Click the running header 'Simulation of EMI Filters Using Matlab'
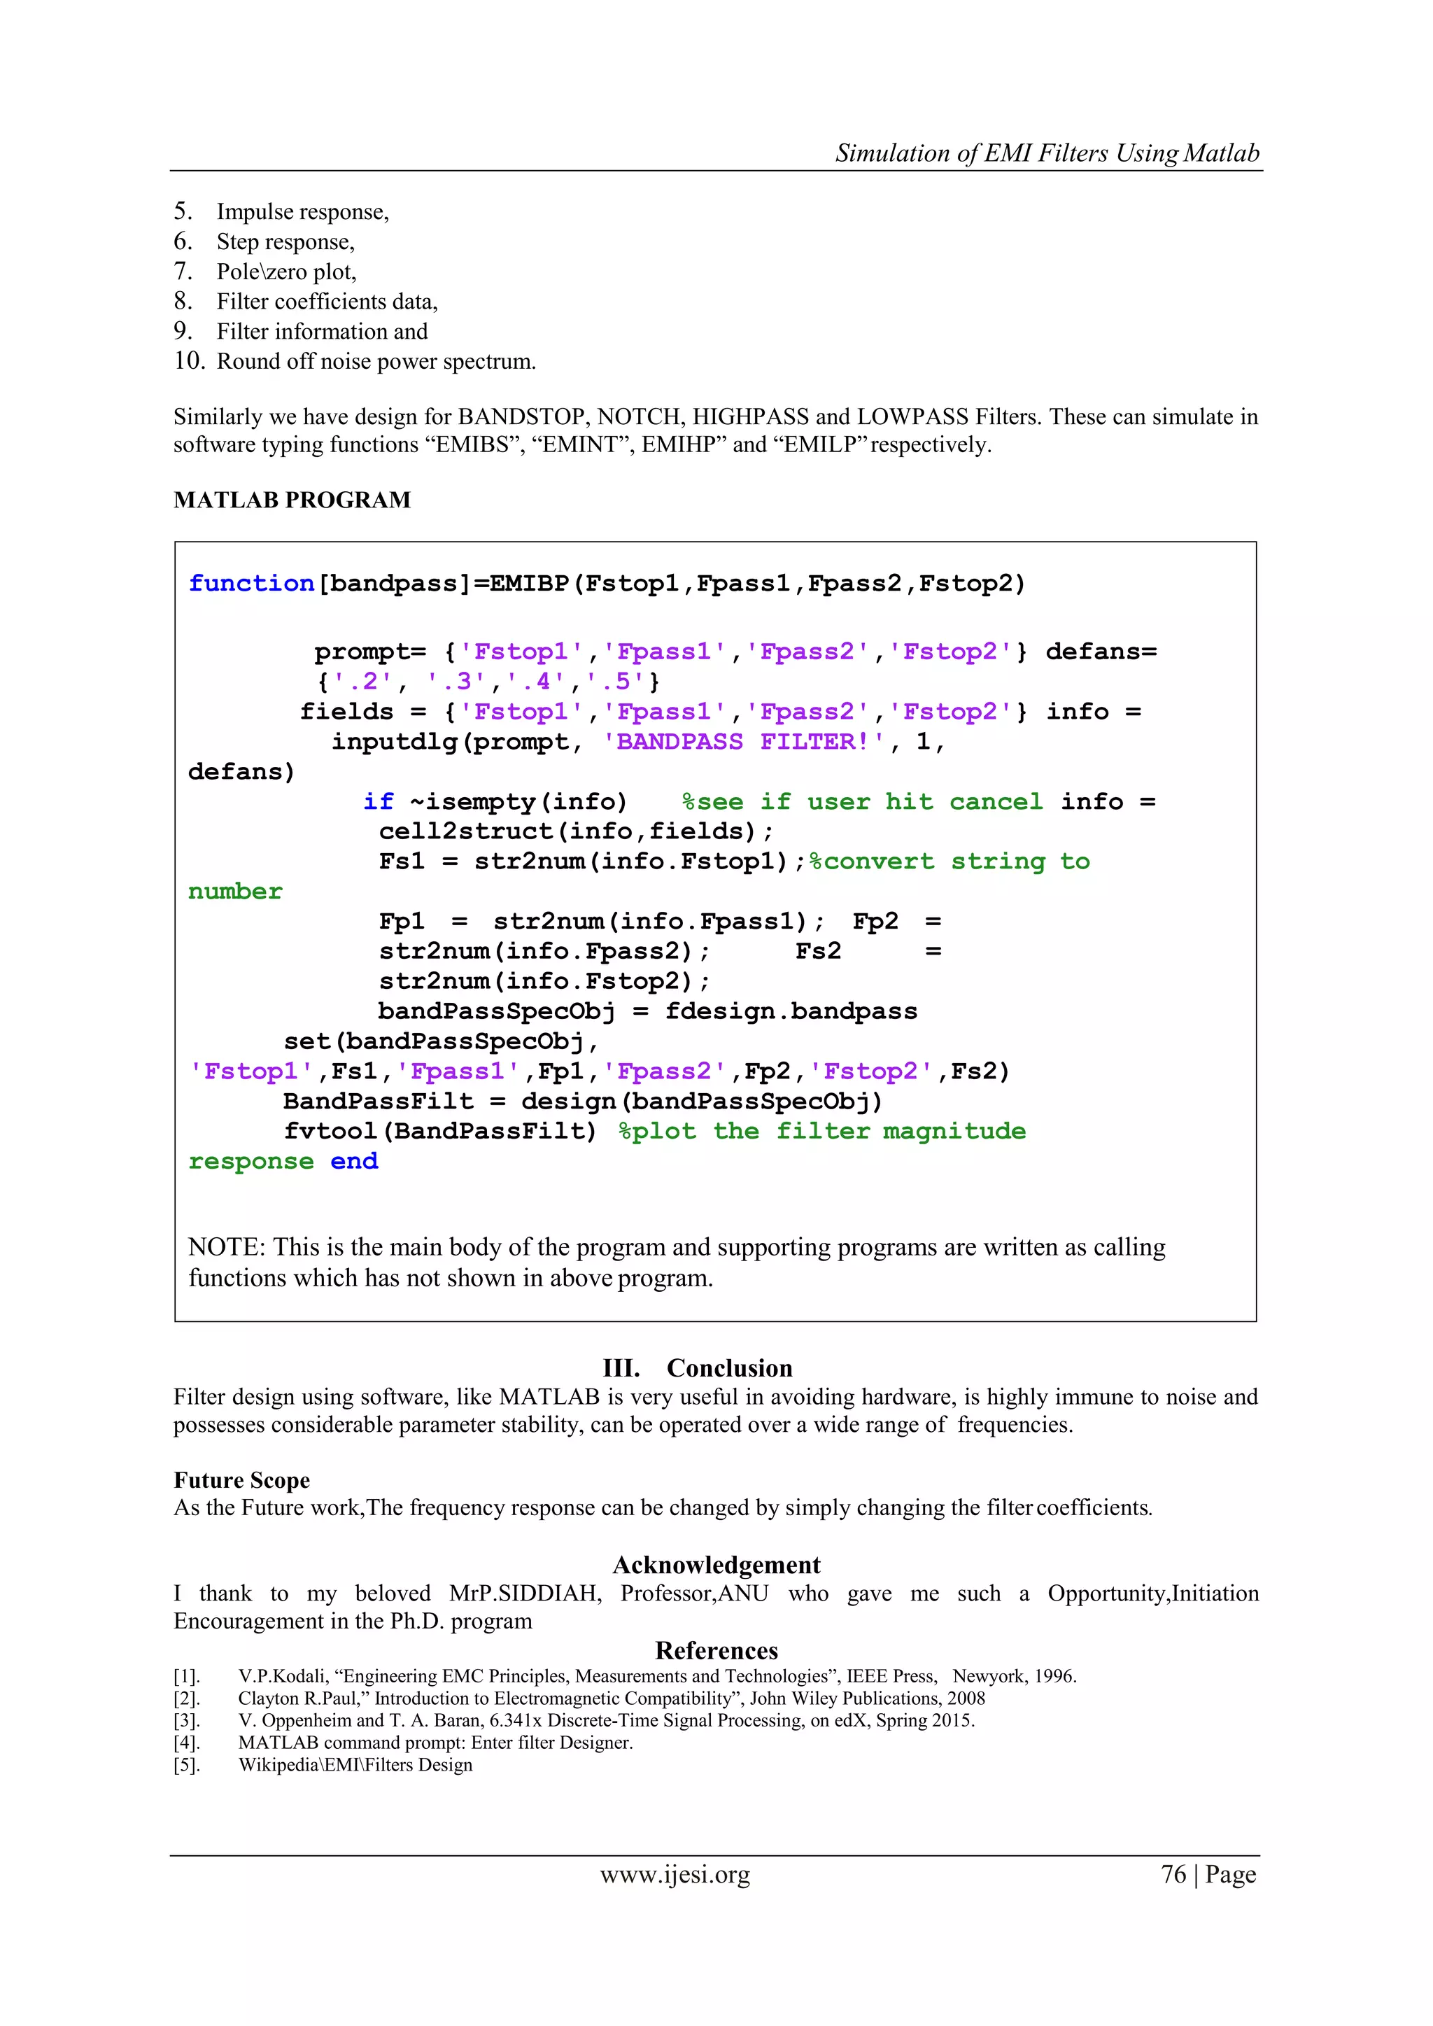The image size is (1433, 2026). pyautogui.click(x=1047, y=153)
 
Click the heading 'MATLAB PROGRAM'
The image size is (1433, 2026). pyautogui.click(x=292, y=500)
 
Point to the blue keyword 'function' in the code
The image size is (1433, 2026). pyautogui.click(x=251, y=583)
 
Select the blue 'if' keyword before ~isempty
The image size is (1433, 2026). pyautogui.click(x=378, y=801)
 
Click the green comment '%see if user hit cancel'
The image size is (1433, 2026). pyautogui.click(x=862, y=801)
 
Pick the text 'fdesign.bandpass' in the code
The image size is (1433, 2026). pyautogui.click(x=791, y=1011)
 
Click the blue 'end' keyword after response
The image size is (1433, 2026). pyautogui.click(x=354, y=1161)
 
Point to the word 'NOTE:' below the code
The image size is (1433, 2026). pyautogui.click(x=226, y=1247)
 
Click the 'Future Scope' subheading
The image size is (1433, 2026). pyautogui.click(x=242, y=1480)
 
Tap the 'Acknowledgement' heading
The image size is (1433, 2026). pyautogui.click(x=716, y=1565)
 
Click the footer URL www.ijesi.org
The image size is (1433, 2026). pyautogui.click(x=675, y=1874)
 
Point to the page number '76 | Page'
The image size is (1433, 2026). pyautogui.click(x=1208, y=1874)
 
